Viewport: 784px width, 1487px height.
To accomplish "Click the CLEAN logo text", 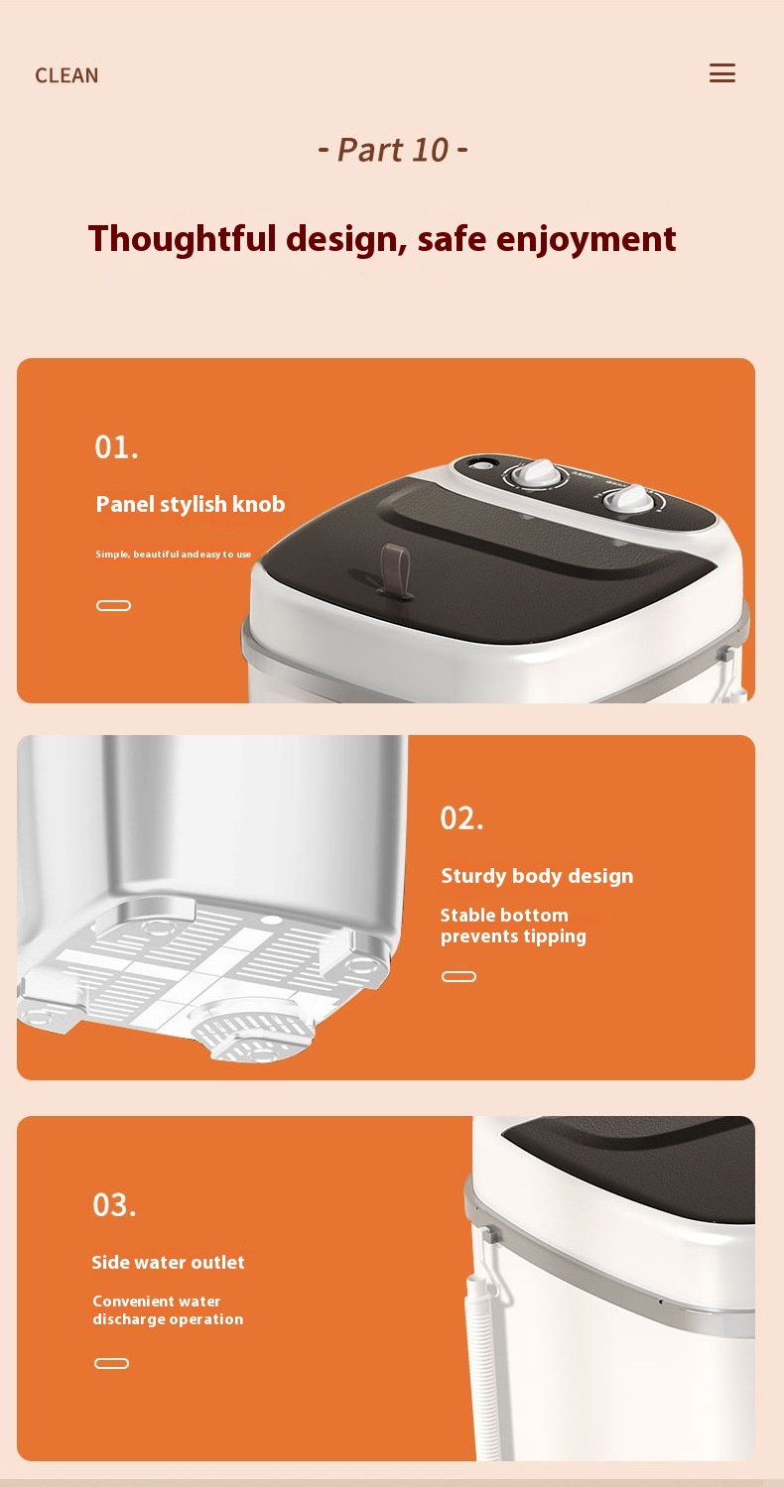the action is click(x=66, y=75).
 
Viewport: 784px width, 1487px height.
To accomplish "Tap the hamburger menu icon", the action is click(x=722, y=73).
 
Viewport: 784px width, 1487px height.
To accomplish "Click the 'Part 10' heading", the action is click(x=393, y=150).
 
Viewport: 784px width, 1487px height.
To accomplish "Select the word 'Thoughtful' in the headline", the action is click(x=182, y=238).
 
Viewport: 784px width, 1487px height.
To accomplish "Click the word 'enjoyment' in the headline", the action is click(x=587, y=240).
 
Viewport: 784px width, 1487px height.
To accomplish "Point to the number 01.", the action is click(x=116, y=447).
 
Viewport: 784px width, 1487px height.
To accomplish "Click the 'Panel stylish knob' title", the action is click(x=191, y=504).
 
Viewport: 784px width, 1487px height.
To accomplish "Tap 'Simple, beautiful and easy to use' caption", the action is click(x=174, y=555).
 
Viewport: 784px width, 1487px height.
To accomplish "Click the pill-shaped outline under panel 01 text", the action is click(x=113, y=605).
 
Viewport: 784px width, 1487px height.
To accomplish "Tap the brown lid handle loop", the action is click(x=394, y=568).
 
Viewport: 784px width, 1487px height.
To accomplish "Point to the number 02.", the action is click(x=462, y=818).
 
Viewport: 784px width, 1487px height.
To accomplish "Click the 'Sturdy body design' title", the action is click(x=537, y=876).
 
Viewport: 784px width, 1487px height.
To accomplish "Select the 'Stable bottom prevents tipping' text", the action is click(x=513, y=926).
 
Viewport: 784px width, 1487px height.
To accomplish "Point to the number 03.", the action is click(x=115, y=1205).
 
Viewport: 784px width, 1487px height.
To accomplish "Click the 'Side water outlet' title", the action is click(x=168, y=1262).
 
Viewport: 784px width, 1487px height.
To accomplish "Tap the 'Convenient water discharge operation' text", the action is click(x=168, y=1309).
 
